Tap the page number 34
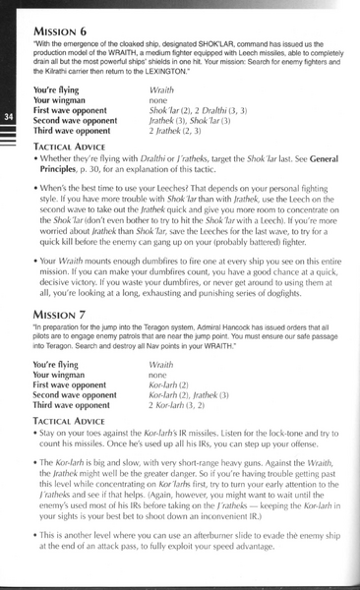8,118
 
